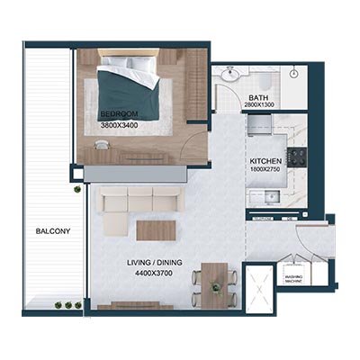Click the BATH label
[259, 97]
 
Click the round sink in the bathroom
[230, 76]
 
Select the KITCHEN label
[266, 163]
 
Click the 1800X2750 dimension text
[267, 171]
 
